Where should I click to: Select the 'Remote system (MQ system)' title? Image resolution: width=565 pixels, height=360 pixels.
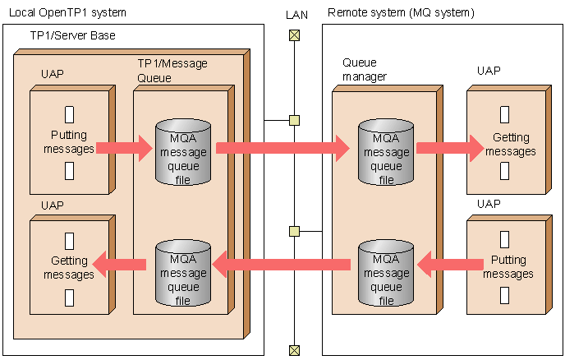click(401, 13)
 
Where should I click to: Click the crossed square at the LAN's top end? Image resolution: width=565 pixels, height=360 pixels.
click(294, 35)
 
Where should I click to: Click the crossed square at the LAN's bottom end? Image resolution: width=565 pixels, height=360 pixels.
click(294, 350)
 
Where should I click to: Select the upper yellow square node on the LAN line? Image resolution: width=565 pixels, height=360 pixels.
click(294, 121)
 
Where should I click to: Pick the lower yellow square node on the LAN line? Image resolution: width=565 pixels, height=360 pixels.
click(294, 231)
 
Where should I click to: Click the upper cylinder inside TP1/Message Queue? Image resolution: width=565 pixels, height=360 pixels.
click(183, 152)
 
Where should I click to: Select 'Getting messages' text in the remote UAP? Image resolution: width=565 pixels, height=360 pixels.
click(510, 145)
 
